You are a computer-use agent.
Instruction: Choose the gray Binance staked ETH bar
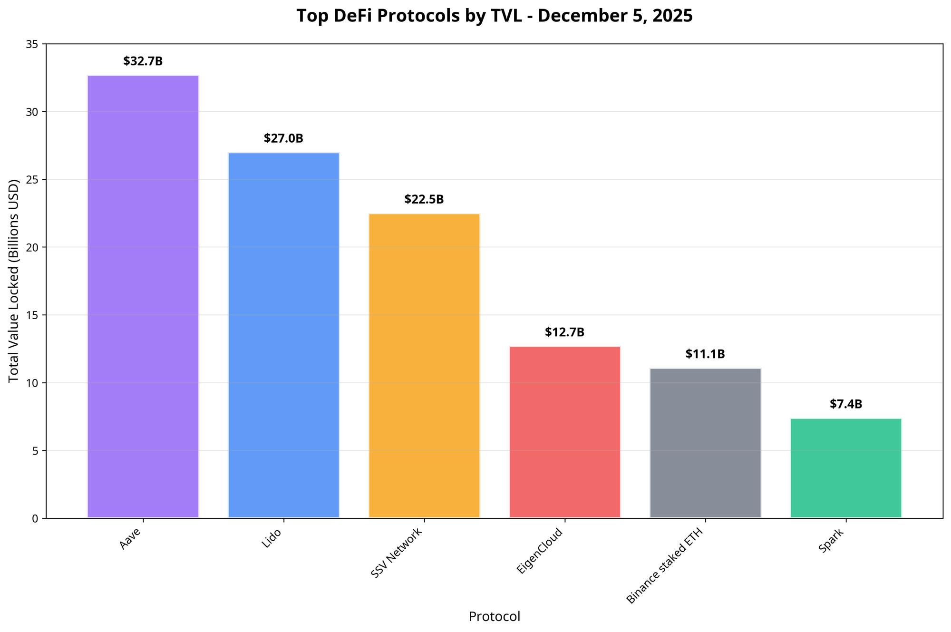[x=705, y=443]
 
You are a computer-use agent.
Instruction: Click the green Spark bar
[x=846, y=468]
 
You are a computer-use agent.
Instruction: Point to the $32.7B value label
[x=143, y=61]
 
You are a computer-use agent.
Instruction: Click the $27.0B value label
[x=283, y=139]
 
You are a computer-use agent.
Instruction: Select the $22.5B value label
[x=424, y=200]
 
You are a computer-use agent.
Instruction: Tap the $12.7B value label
[x=564, y=332]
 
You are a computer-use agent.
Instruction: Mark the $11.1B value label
[x=705, y=354]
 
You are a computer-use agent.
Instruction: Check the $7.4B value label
[x=846, y=404]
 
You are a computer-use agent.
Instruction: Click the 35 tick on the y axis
[x=34, y=44]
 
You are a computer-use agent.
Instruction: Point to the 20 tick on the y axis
[x=34, y=247]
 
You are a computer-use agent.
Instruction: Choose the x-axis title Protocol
[x=495, y=617]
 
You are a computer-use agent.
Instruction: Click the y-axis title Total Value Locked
[x=14, y=281]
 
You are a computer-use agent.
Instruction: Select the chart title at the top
[x=495, y=16]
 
